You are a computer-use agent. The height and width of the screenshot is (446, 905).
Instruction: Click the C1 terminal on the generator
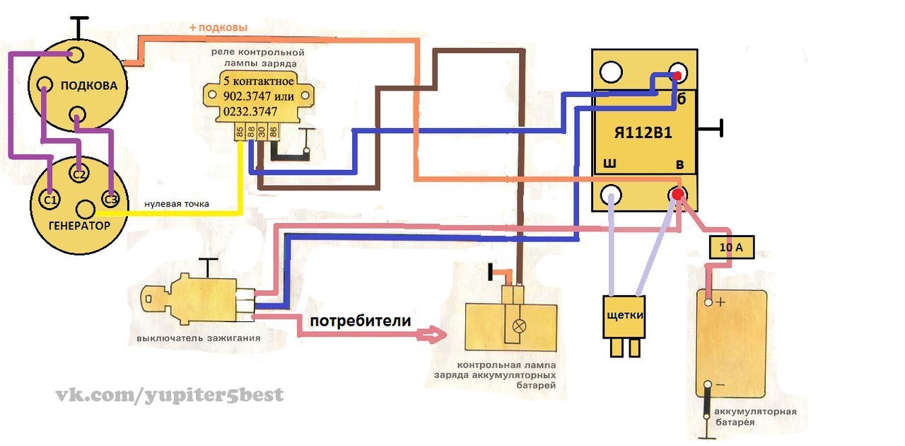click(49, 201)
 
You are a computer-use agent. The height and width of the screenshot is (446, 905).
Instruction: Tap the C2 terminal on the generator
click(79, 173)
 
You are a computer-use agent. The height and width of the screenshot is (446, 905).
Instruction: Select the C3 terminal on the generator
click(110, 200)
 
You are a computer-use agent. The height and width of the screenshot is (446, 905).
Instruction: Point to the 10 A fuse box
click(731, 248)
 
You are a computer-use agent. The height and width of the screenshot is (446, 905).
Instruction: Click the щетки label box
click(624, 315)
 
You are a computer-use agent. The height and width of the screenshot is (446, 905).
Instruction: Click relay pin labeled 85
click(240, 131)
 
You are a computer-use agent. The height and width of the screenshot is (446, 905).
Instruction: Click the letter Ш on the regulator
click(608, 165)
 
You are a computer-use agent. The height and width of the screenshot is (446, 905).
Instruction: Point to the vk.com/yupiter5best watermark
click(170, 394)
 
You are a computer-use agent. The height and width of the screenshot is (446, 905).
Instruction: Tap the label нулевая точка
click(177, 204)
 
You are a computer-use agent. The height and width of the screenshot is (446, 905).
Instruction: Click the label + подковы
click(218, 28)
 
